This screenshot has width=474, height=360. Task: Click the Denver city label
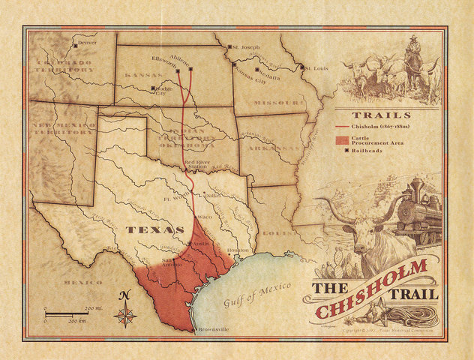tap(87, 43)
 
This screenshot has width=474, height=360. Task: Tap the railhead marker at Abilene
tap(191, 70)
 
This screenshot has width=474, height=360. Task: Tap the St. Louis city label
tap(317, 67)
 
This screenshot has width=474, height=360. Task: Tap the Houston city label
tap(237, 249)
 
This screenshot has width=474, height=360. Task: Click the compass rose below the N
tap(124, 316)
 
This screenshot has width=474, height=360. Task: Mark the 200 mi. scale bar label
tap(93, 307)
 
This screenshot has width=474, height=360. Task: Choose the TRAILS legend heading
tap(386, 115)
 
